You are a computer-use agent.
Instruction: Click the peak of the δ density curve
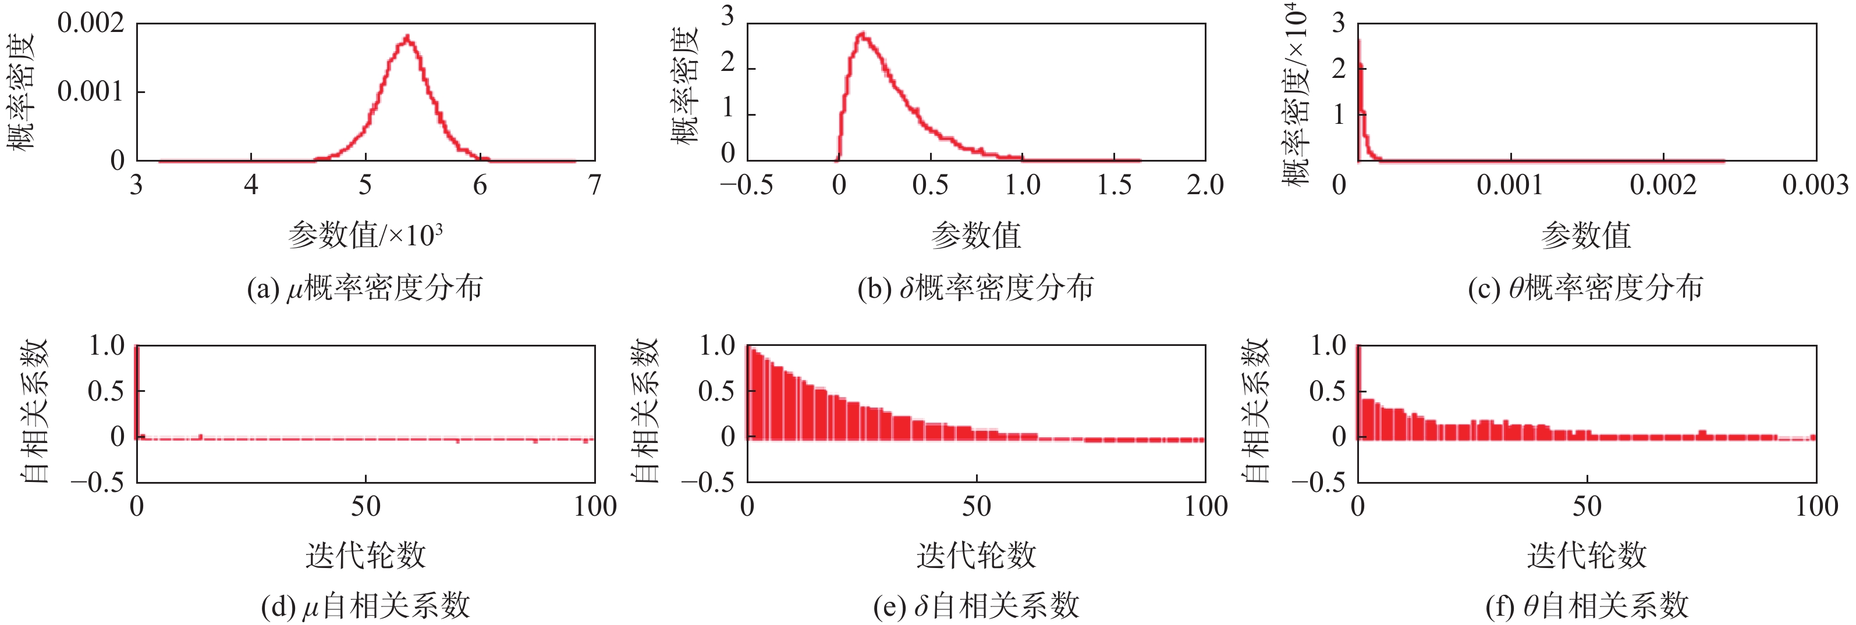pos(861,34)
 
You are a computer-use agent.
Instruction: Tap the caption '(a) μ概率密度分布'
pos(364,288)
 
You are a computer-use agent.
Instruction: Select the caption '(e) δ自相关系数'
pos(976,606)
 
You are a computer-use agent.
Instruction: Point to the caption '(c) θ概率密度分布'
pos(1586,288)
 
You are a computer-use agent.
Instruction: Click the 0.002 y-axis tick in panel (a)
pos(91,23)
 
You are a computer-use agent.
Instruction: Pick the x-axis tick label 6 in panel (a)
pos(480,186)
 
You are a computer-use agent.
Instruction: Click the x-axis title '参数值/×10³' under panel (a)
pos(365,235)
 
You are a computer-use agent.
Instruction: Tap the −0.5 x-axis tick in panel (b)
pos(747,186)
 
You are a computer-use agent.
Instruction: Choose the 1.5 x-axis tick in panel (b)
pos(1114,186)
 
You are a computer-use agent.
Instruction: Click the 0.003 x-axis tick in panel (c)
pos(1815,186)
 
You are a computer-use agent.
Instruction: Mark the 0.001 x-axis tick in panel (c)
pos(1510,186)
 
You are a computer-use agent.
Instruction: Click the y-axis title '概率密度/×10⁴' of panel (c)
pos(1296,94)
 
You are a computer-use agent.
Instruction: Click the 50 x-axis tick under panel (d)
pos(365,507)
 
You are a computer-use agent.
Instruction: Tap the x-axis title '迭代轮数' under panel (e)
pos(976,555)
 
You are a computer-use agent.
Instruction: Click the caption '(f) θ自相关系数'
pos(1587,606)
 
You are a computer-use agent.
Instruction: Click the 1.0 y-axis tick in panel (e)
pos(717,345)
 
